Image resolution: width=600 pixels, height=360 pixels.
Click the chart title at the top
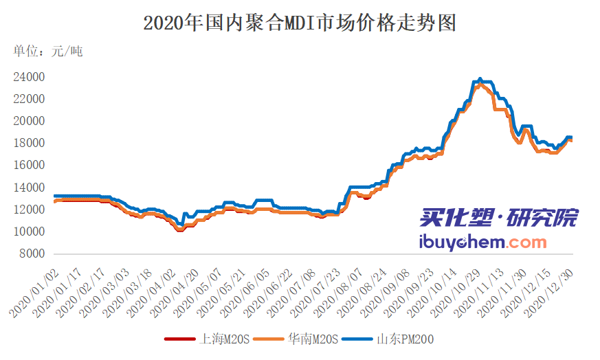[300, 23]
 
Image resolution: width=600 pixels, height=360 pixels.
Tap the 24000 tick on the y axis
[29, 77]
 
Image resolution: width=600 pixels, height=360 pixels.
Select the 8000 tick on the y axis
[32, 254]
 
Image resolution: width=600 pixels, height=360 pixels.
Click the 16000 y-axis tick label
[29, 166]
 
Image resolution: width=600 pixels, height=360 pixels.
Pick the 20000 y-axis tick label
[29, 122]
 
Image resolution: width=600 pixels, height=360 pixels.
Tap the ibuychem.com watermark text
[482, 243]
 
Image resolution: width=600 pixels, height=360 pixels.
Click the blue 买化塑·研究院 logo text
[498, 218]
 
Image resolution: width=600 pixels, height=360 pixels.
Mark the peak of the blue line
[480, 79]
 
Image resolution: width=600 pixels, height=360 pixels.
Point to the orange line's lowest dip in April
[180, 230]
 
